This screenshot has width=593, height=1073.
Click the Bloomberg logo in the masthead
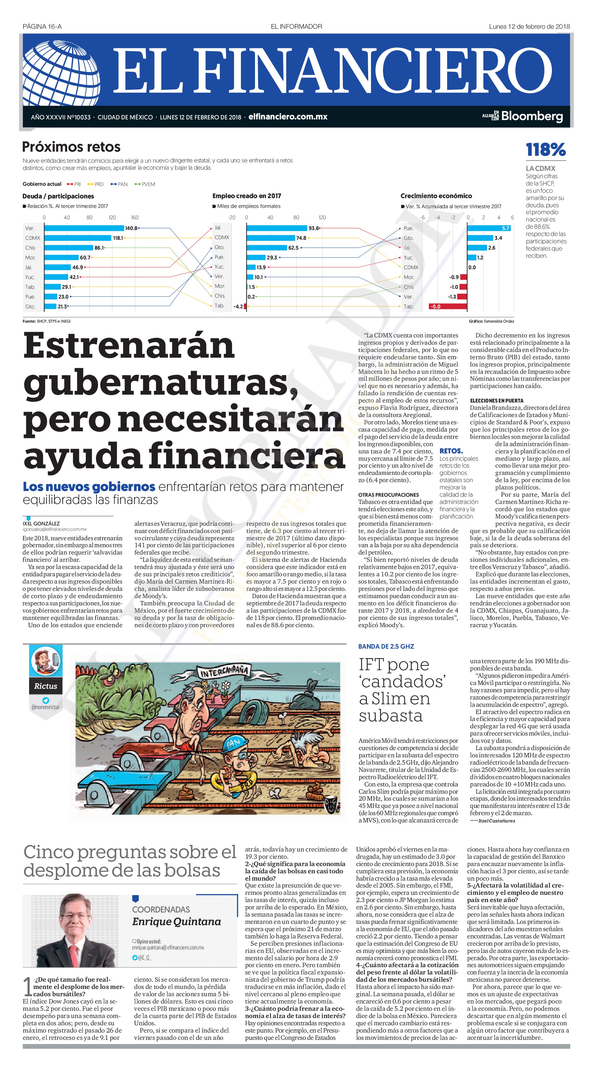(x=532, y=116)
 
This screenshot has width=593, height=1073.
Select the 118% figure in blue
(x=546, y=149)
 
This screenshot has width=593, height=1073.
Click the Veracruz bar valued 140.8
(x=84, y=228)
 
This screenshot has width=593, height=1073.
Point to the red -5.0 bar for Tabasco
(x=448, y=306)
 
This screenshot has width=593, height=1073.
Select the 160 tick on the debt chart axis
(x=135, y=217)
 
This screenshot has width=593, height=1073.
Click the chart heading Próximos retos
(x=71, y=147)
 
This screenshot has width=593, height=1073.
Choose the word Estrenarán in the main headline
(x=129, y=345)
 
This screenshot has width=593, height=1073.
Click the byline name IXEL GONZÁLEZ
(x=41, y=524)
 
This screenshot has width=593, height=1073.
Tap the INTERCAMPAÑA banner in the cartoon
(x=224, y=670)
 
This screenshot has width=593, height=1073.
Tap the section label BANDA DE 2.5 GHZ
(x=386, y=646)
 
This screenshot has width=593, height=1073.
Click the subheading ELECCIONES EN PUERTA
(x=497, y=401)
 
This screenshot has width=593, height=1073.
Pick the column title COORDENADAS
(x=161, y=909)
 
